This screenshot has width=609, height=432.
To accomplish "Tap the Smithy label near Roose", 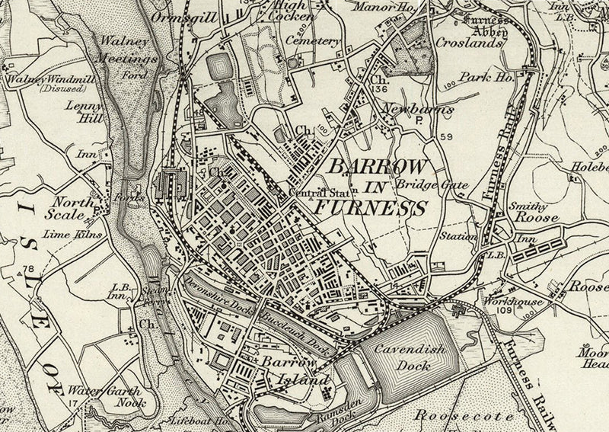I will click(x=525, y=205).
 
